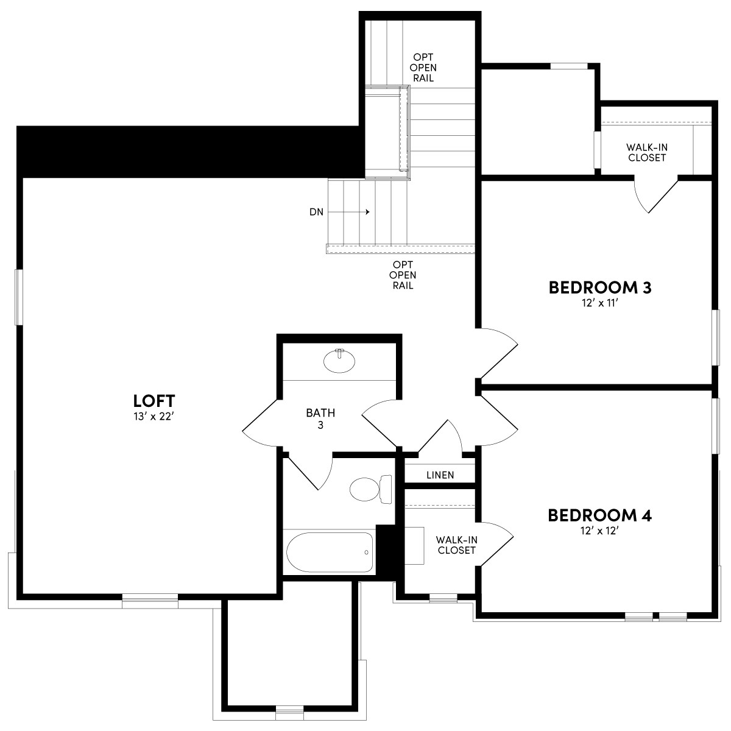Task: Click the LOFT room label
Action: click(154, 401)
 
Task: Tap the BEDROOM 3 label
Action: click(600, 287)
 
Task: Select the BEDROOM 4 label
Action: click(600, 515)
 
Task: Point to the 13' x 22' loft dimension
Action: click(154, 417)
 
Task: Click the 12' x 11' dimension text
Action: click(600, 303)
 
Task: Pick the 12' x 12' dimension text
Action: click(600, 531)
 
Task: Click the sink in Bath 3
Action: click(339, 361)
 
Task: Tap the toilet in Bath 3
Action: click(369, 488)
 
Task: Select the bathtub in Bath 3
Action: click(330, 553)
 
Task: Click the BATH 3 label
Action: click(320, 418)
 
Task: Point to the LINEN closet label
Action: click(440, 475)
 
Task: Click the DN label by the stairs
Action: click(316, 212)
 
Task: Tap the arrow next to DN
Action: click(353, 212)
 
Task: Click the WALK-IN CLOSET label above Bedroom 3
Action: click(646, 152)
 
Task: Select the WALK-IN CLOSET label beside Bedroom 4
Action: click(456, 545)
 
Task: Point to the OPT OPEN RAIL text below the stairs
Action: click(403, 275)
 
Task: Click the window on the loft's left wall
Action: click(19, 297)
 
